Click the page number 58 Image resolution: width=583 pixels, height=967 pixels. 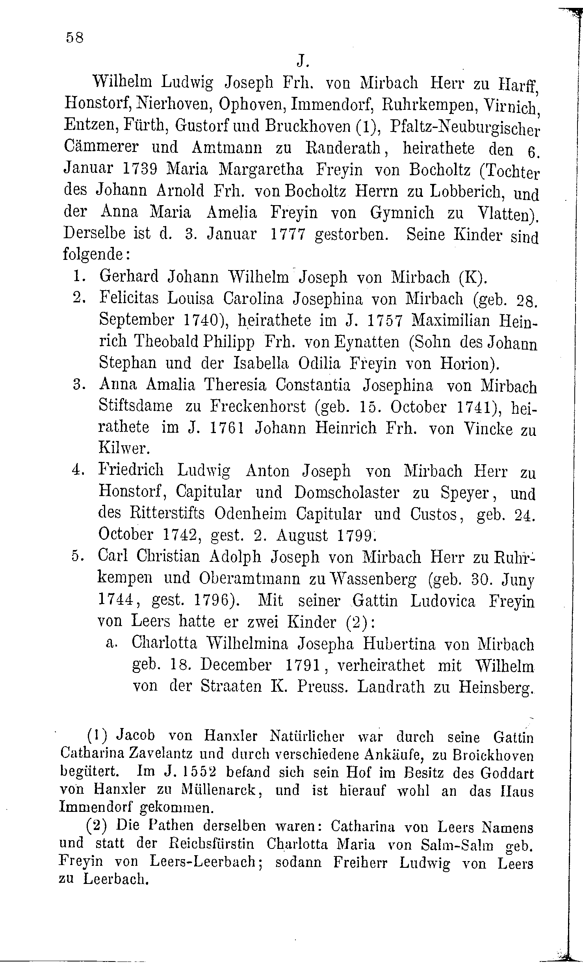tap(74, 38)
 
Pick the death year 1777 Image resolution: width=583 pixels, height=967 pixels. tap(288, 234)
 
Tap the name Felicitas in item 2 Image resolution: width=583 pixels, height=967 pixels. tap(129, 298)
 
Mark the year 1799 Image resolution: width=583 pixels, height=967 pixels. tap(354, 535)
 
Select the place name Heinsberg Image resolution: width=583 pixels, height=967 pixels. tap(496, 687)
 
